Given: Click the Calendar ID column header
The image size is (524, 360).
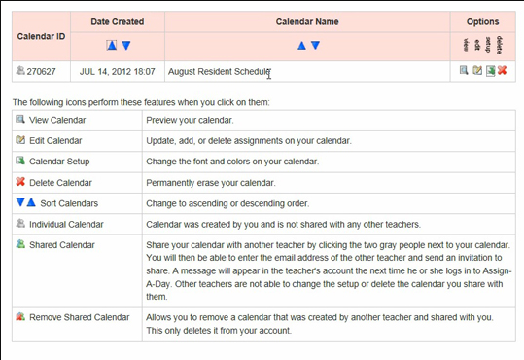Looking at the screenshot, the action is [x=42, y=36].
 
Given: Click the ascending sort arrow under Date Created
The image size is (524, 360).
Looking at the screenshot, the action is [x=112, y=45].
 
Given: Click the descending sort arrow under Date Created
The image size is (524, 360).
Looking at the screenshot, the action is [x=125, y=45].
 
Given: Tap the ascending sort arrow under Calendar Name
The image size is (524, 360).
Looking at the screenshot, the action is [x=301, y=45].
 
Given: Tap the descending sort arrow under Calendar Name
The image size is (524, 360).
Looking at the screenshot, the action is [x=315, y=45].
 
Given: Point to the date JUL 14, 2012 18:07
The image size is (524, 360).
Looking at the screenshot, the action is [x=117, y=71].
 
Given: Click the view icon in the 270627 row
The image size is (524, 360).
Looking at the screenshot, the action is [x=465, y=70].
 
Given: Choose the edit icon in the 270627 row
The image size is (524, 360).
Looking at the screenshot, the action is [x=477, y=70].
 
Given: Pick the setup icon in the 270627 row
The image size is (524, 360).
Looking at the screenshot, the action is [x=490, y=70].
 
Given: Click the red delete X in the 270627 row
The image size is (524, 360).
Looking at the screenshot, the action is [x=503, y=70].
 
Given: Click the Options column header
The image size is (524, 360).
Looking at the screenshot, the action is [x=482, y=20].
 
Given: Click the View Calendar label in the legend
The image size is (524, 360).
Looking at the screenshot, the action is [x=57, y=121].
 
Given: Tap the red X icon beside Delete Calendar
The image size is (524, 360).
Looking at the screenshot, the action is [x=20, y=182].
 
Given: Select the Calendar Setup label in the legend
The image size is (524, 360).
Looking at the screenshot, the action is [x=59, y=162].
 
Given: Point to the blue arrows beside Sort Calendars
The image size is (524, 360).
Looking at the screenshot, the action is [x=25, y=202].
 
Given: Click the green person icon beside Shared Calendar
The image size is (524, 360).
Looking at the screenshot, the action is [x=20, y=244].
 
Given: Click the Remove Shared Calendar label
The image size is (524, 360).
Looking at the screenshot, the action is [x=79, y=317].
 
